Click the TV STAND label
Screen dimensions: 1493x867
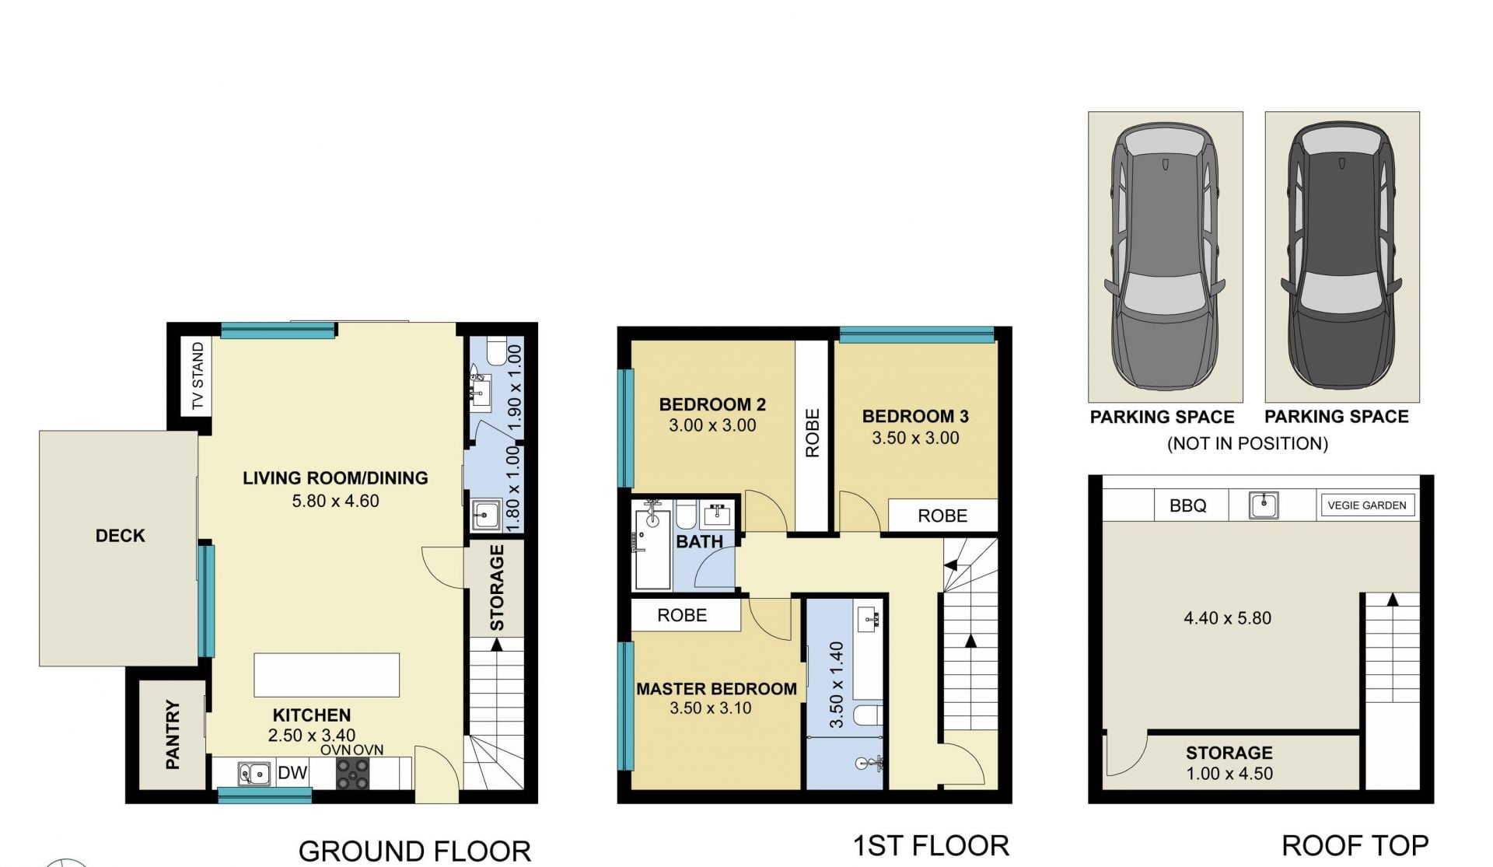198,376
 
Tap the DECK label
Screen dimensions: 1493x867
121,536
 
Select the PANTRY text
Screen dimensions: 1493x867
173,735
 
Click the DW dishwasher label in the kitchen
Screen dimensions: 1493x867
292,773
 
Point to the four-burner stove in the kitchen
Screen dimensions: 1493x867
352,774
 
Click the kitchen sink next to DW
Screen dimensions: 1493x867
254,774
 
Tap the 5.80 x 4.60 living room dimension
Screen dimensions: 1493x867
335,502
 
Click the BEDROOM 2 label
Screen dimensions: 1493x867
712,404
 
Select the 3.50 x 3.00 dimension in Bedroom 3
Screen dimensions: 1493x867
915,438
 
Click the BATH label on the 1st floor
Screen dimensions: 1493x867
700,542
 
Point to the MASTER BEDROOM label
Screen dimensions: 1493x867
716,689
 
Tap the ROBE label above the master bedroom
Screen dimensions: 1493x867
682,616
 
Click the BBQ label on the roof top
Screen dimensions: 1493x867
1188,506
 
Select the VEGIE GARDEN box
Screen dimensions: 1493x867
1367,505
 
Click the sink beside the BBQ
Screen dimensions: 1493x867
1264,505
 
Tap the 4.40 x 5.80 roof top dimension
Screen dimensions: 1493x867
1228,618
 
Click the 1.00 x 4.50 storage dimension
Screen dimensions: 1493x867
1229,774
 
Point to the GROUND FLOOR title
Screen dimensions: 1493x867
414,851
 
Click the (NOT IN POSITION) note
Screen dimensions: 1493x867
1247,444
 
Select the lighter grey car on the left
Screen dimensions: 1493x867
1165,257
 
